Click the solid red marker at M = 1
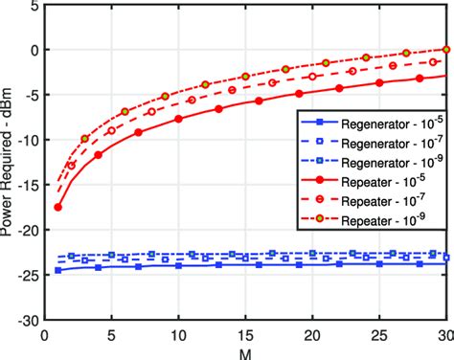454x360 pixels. [58, 207]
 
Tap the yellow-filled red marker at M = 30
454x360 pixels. [445, 50]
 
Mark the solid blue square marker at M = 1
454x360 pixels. [58, 270]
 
